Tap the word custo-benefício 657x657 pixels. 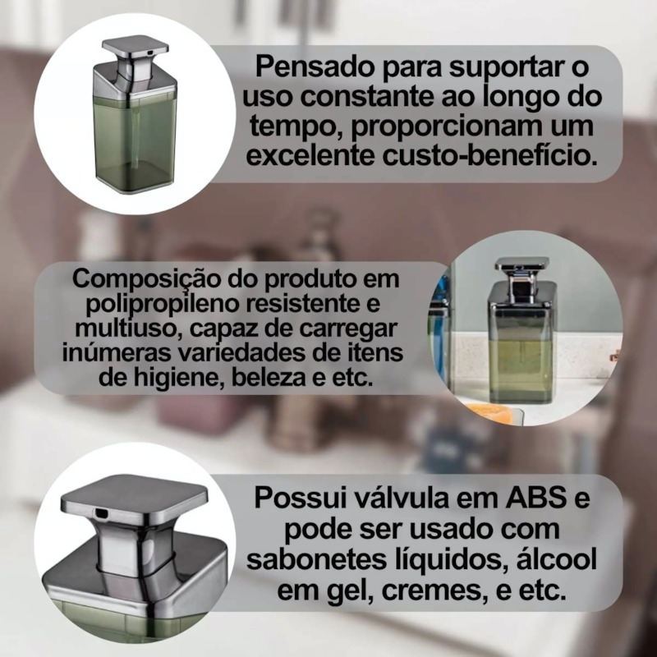(489, 154)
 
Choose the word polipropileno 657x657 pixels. (162, 304)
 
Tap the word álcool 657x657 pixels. (557, 559)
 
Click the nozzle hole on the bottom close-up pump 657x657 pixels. (101, 512)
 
